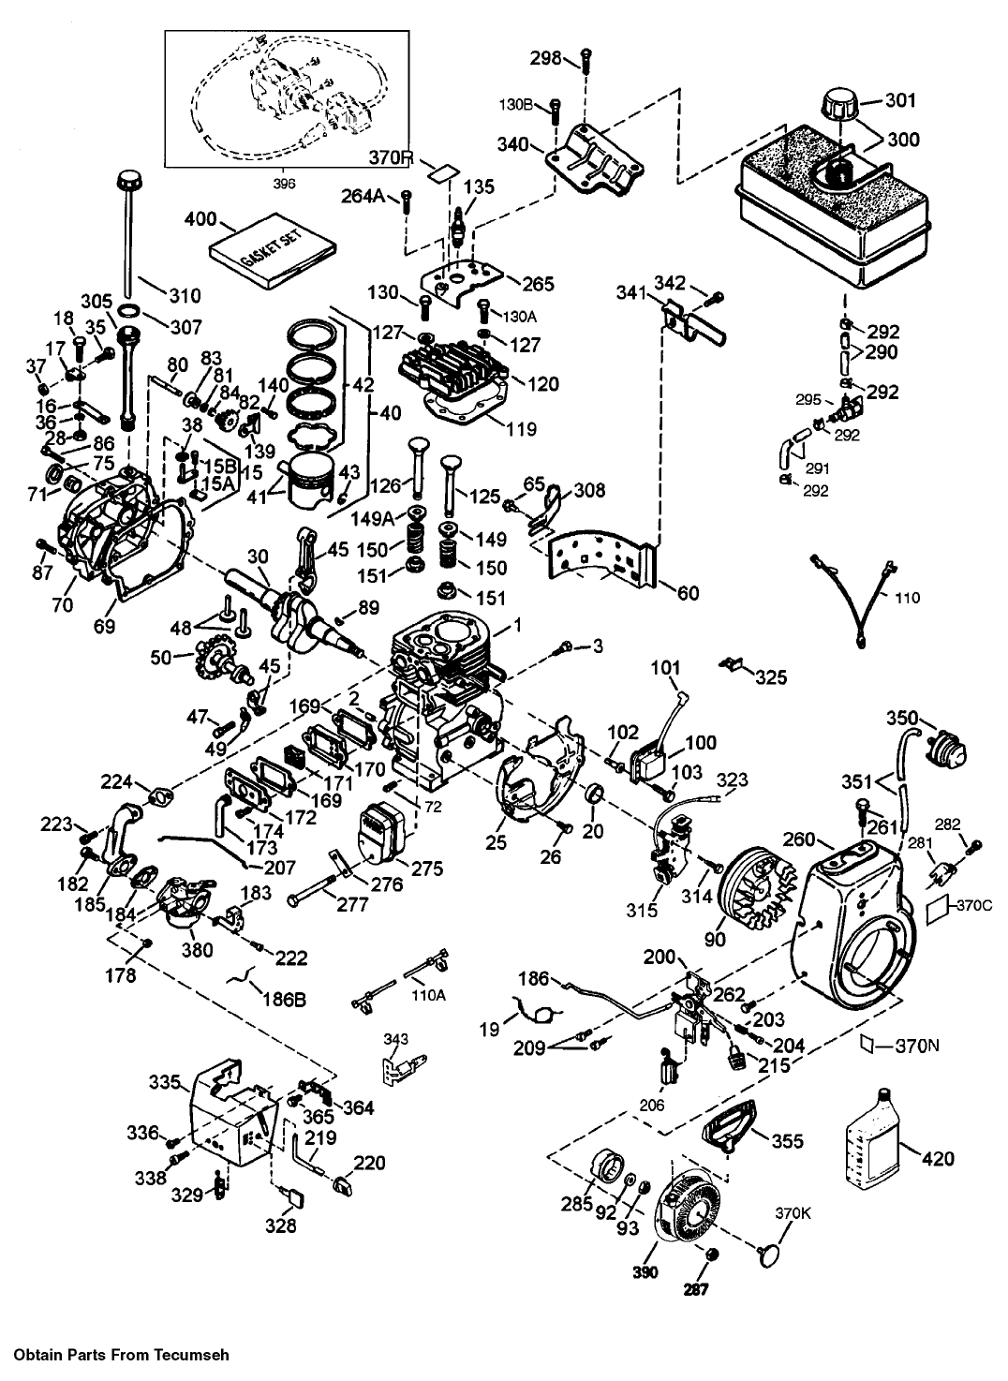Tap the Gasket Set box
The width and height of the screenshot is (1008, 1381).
(x=271, y=252)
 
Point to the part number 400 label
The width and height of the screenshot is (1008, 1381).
(x=200, y=222)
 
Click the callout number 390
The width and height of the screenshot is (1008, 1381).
(x=644, y=1271)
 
